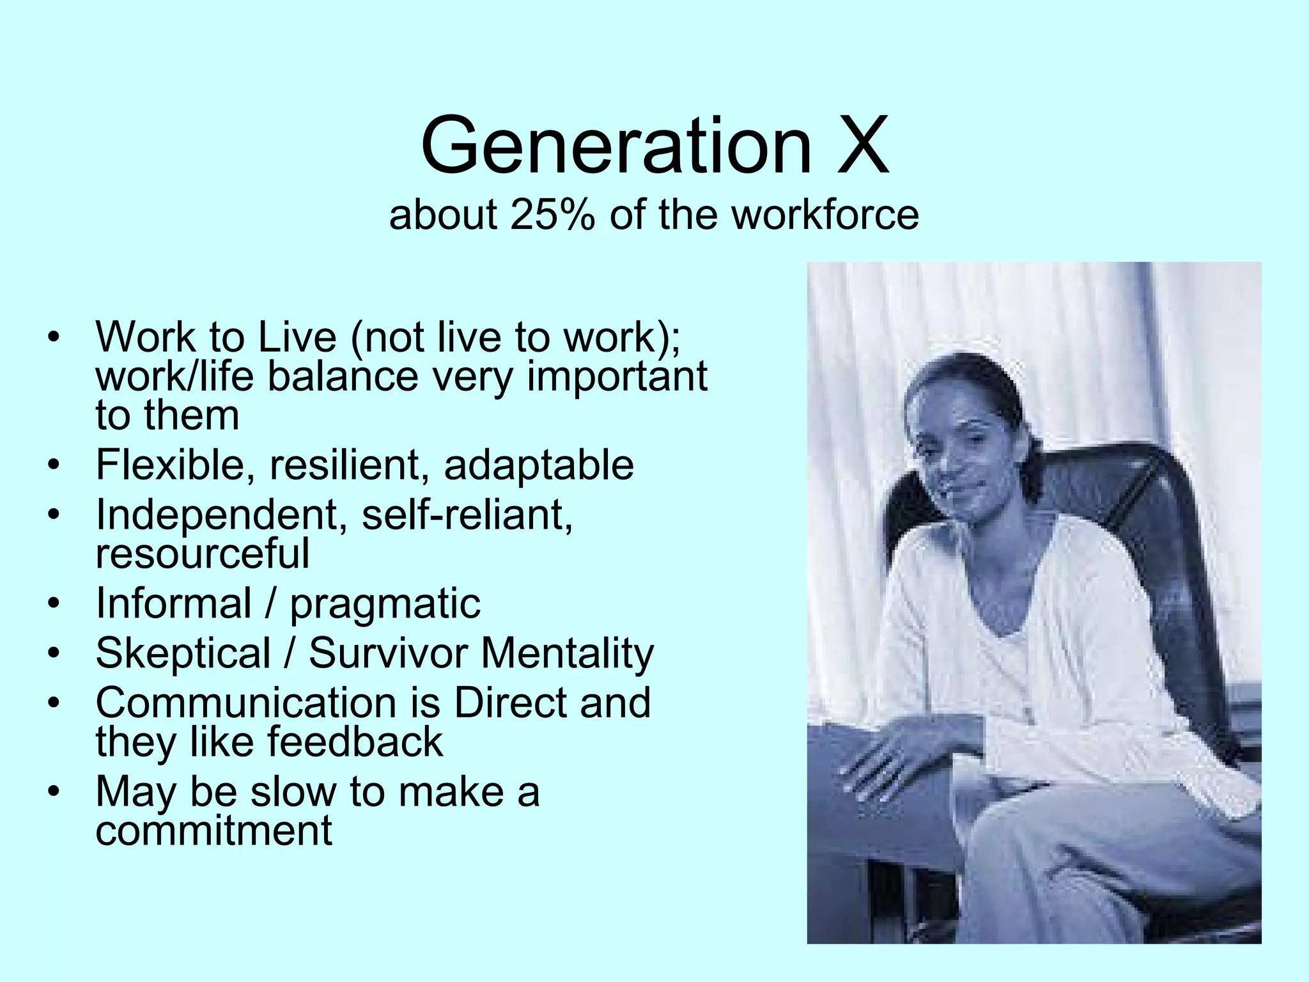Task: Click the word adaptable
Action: (539, 465)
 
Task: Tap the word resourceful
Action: (203, 553)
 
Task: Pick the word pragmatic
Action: (385, 604)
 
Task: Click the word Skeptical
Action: (183, 653)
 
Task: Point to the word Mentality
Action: (568, 653)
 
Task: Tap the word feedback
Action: (355, 742)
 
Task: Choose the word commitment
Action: (214, 830)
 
